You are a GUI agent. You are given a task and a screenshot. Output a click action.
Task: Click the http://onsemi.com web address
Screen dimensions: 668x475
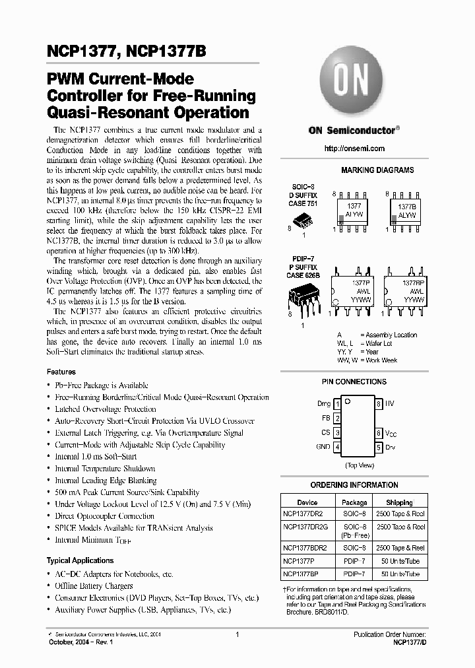pyautogui.click(x=354, y=150)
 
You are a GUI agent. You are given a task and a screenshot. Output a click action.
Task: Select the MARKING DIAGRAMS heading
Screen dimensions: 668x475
pyautogui.click(x=377, y=170)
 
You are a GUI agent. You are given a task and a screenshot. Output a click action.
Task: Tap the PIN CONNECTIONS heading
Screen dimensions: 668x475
pyautogui.click(x=354, y=382)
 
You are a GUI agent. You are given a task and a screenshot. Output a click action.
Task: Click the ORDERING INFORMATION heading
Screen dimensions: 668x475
pyautogui.click(x=354, y=485)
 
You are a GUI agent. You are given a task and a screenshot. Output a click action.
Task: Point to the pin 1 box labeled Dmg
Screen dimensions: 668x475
pyautogui.click(x=337, y=403)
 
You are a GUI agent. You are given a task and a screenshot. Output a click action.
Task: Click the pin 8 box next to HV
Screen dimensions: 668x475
pyautogui.click(x=379, y=403)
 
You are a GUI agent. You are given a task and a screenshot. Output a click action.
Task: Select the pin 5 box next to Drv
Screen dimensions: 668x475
pyautogui.click(x=379, y=448)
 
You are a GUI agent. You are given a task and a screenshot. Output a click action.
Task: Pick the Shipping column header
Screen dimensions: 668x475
pyautogui.click(x=399, y=502)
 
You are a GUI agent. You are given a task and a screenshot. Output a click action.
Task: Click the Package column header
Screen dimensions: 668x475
pyautogui.click(x=355, y=502)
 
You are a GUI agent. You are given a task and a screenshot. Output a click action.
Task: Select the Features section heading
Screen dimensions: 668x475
pyautogui.click(x=61, y=372)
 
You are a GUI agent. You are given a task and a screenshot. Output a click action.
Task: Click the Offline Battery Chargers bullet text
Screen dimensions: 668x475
pyautogui.click(x=94, y=586)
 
